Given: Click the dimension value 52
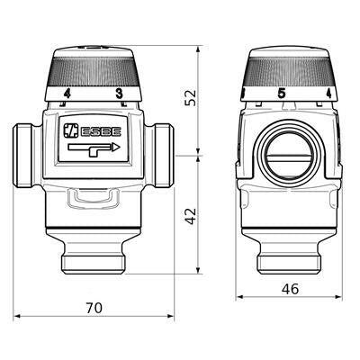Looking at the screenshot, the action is pos(191,97).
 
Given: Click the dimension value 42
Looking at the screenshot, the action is pos(191,216).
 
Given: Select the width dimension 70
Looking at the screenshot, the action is pos(94,308).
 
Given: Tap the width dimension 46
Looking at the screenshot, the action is pos(290,289).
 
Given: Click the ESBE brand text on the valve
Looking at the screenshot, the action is pos(101,131).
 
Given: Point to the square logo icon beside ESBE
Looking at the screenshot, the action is pos(70,131).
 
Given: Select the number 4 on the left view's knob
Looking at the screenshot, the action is pos(67,94).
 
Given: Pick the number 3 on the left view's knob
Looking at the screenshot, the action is pos(120,94).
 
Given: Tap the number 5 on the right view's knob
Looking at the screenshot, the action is pos(282,94).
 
